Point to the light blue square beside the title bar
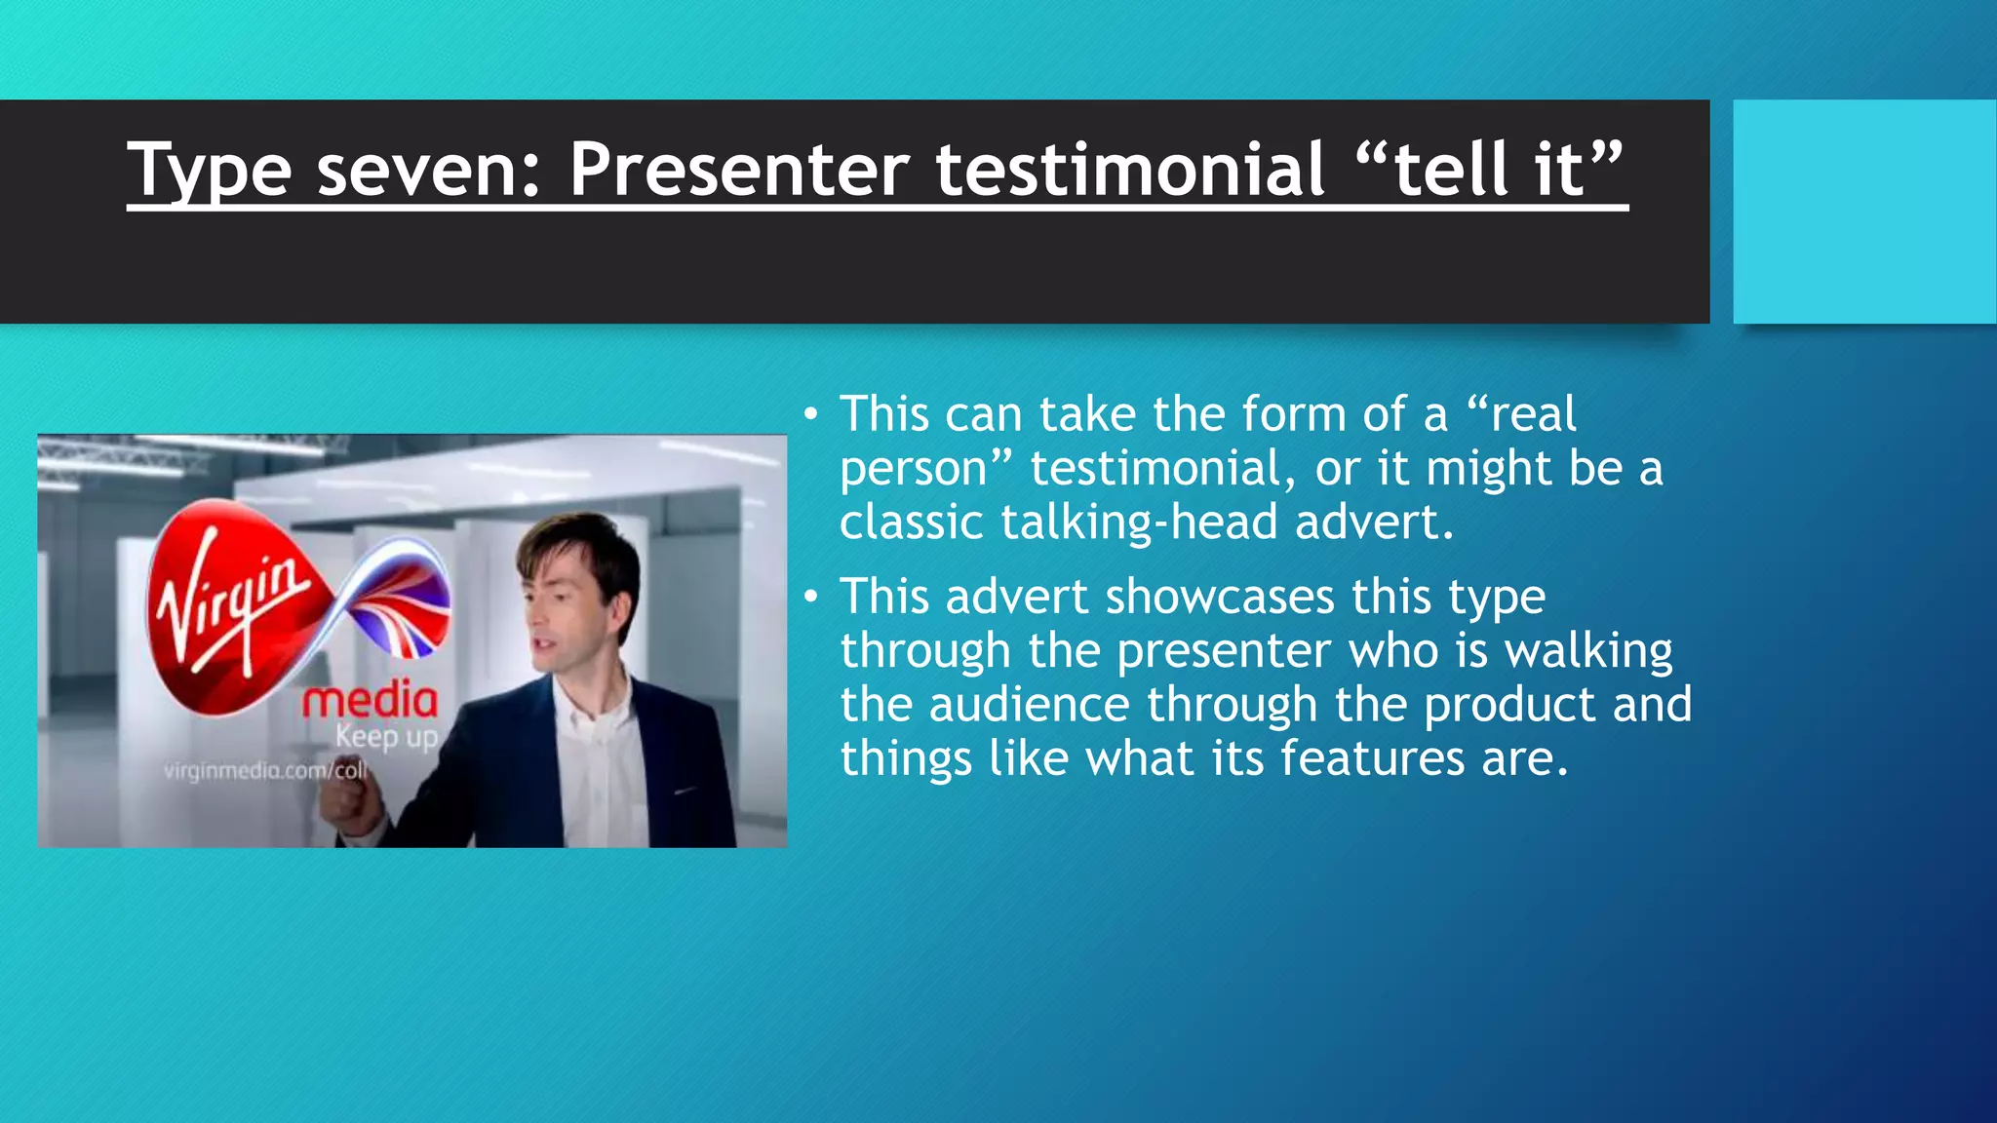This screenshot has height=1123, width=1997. pyautogui.click(x=1863, y=211)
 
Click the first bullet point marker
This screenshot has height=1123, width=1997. pyautogui.click(x=810, y=415)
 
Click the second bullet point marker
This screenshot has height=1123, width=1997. pyautogui.click(x=810, y=598)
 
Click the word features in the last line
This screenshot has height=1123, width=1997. pyautogui.click(x=1372, y=757)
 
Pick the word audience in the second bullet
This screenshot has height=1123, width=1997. pyautogui.click(x=1029, y=704)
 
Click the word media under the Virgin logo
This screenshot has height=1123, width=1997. pyautogui.click(x=370, y=700)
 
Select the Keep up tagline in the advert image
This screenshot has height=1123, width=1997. pyautogui.click(x=387, y=736)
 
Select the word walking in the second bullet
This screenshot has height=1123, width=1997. pyautogui.click(x=1588, y=650)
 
